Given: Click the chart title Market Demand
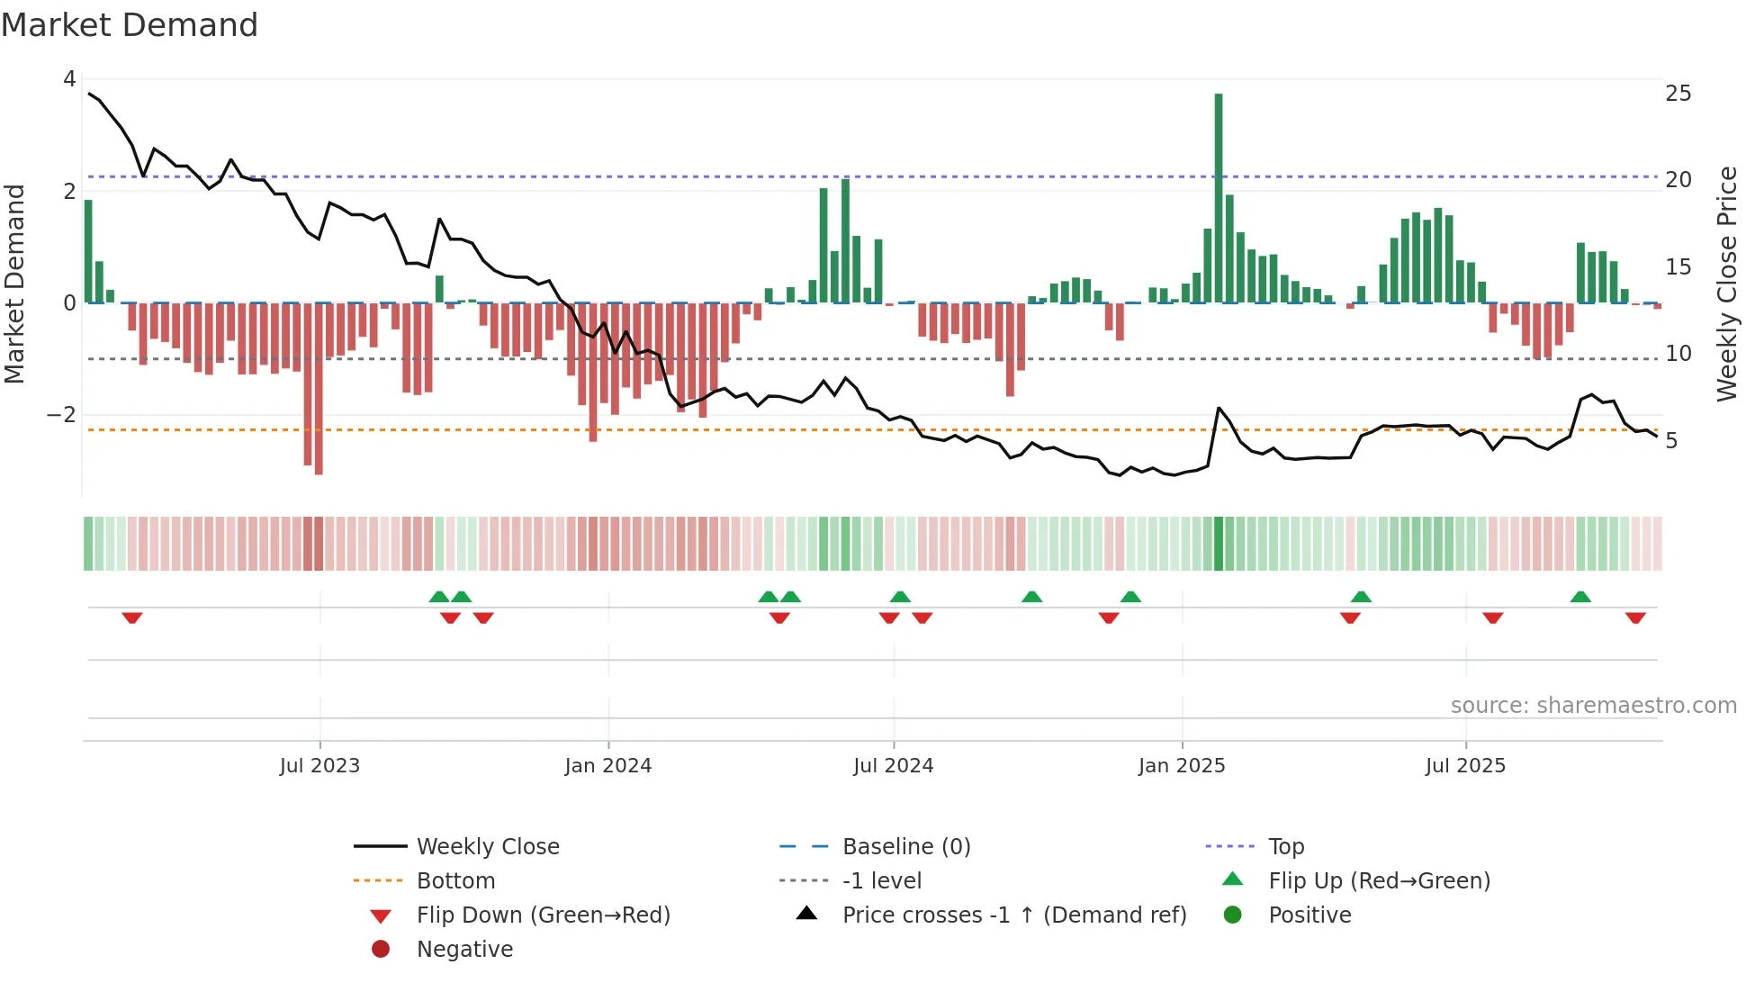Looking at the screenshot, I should click(x=130, y=25).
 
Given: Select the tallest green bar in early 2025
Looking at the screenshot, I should click(x=1219, y=198).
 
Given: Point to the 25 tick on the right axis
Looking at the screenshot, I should click(x=1678, y=94).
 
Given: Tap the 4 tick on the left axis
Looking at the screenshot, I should click(x=69, y=79).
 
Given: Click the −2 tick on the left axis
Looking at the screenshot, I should click(x=61, y=415).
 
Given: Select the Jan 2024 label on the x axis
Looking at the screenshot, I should click(x=607, y=766).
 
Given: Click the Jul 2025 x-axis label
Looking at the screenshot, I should click(x=1464, y=766).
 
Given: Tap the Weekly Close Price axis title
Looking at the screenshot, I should click(x=1726, y=284).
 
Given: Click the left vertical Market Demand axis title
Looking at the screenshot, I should click(x=15, y=284).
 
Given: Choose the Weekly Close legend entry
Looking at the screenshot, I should click(x=487, y=847).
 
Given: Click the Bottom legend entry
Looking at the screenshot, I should click(x=455, y=881).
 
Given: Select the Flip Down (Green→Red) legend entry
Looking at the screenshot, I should click(x=543, y=915).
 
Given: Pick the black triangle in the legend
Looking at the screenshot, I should click(x=807, y=914).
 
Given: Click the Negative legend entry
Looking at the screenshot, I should click(x=464, y=950).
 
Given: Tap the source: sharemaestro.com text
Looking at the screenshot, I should click(x=1593, y=706).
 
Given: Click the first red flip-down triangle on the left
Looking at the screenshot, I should click(x=132, y=618).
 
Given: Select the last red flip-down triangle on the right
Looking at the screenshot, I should click(x=1635, y=618).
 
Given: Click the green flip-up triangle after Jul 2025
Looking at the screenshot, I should click(x=1580, y=597).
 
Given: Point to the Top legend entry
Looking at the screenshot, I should click(x=1285, y=847).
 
